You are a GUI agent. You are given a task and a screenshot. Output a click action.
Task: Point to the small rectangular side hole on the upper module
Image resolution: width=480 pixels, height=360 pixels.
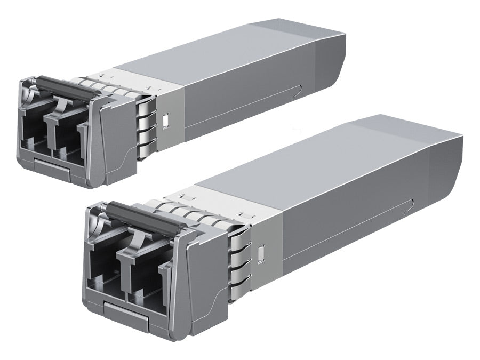click(x=165, y=121)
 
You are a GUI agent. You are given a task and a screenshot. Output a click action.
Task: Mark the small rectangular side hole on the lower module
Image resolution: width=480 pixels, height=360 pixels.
click(x=261, y=254)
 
